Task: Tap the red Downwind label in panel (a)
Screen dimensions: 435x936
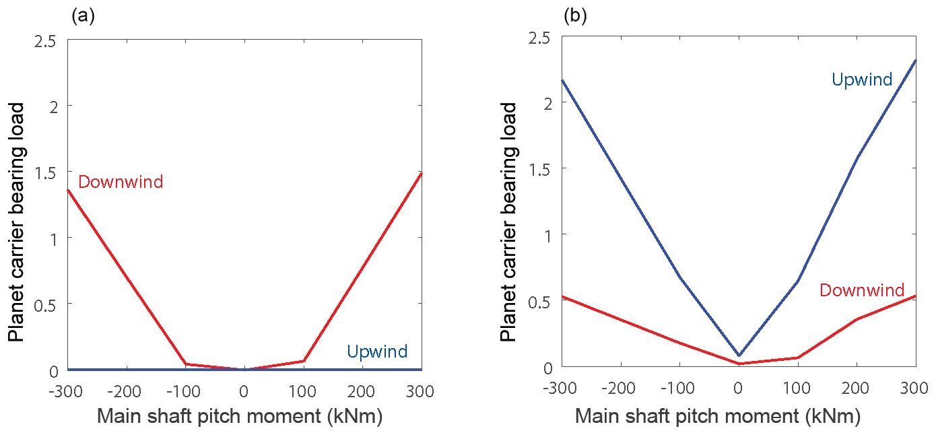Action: tap(121, 182)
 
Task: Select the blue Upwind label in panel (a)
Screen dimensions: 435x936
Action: tap(377, 351)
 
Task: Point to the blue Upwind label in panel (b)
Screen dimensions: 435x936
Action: tap(862, 80)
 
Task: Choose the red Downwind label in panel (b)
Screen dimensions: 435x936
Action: tap(861, 290)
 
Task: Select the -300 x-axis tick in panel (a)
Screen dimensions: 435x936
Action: tap(65, 391)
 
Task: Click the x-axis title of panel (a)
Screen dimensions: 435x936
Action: tap(240, 416)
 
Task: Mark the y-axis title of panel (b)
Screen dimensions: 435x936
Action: tap(508, 222)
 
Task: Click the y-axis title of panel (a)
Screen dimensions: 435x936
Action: tap(16, 222)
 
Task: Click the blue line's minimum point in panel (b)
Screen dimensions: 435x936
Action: tap(739, 355)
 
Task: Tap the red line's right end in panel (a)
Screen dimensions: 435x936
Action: tap(422, 174)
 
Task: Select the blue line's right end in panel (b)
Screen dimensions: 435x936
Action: tap(916, 61)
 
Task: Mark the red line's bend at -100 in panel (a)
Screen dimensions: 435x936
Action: tap(185, 364)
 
